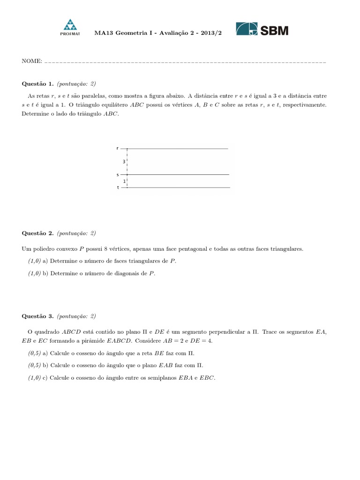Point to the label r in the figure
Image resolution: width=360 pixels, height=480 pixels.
117,148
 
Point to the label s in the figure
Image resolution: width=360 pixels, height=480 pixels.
117,174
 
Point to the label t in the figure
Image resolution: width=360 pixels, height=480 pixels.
117,187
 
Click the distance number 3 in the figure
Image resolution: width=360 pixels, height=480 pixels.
124,162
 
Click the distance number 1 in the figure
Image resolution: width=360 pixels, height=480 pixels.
124,181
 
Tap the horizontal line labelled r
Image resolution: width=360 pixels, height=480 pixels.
178,149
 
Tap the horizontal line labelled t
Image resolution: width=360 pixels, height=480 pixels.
178,187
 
